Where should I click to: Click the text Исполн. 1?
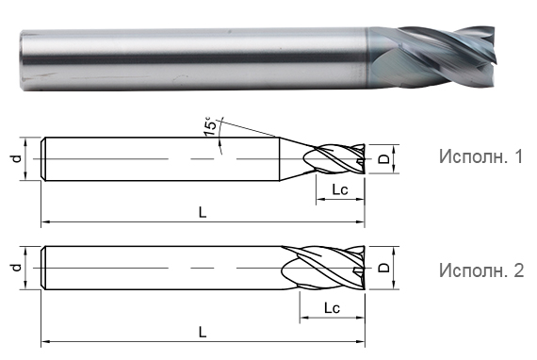tap(480, 156)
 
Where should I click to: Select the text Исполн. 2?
tap(480, 270)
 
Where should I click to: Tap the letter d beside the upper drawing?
tap(16, 159)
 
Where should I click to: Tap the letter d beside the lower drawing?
tap(16, 269)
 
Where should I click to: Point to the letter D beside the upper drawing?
tap(382, 159)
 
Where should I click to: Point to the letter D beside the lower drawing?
tap(382, 269)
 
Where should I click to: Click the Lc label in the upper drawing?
tap(340, 191)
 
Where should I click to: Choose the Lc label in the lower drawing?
tap(331, 308)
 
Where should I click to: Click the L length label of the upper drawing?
tap(203, 213)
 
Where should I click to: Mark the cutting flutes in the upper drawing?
tap(340, 160)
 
